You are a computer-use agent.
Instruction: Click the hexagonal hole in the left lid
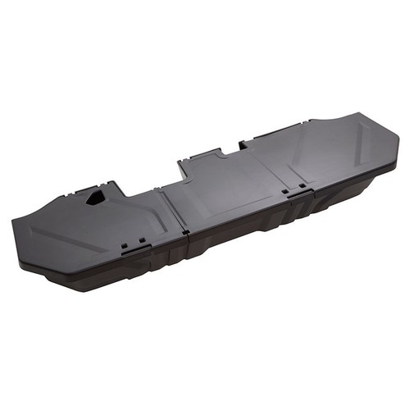[x=94, y=198]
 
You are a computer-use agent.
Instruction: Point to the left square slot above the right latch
[x=284, y=192]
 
